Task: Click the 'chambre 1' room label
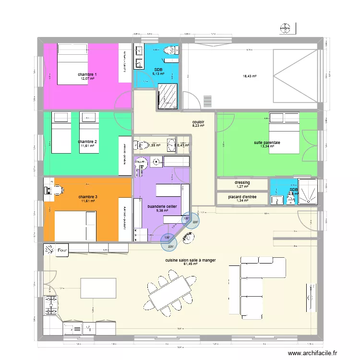tap(87, 74)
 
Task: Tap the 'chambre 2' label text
tap(87, 142)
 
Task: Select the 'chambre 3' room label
tap(87, 197)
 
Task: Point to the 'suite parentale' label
tap(267, 143)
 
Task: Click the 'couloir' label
tap(198, 122)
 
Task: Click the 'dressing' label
tap(242, 183)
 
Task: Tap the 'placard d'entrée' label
tap(242, 197)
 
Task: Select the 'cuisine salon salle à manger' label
tap(191, 260)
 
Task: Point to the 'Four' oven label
tap(62, 250)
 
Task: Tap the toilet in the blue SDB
tap(170, 51)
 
